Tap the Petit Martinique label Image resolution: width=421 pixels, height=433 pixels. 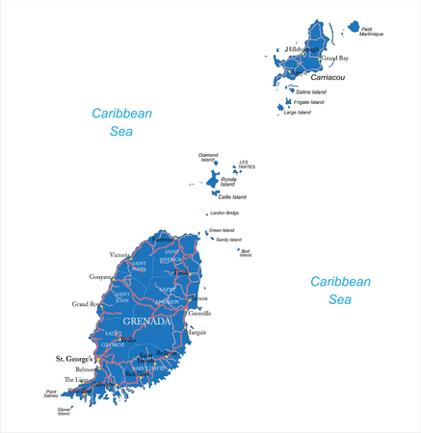pos(372,32)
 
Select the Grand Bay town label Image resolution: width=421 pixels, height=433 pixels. pos(334,58)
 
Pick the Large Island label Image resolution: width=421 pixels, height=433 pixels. pos(298,113)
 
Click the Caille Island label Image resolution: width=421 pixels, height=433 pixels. pos(233,196)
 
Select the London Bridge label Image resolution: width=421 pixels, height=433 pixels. pos(224,213)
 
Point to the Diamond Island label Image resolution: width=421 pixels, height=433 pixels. pos(208,157)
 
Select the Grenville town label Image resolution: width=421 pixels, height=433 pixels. pos(200,313)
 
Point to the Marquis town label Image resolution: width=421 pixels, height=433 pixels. pos(197,333)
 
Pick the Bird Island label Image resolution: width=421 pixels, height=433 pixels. pos(246,253)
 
